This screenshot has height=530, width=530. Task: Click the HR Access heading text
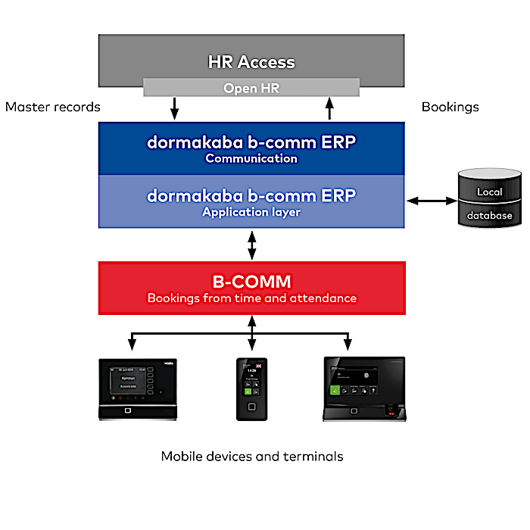pyautogui.click(x=251, y=62)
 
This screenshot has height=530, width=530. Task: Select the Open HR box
pyautogui.click(x=251, y=88)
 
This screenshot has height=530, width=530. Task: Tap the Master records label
pyautogui.click(x=52, y=107)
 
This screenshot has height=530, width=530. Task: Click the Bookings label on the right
pyautogui.click(x=450, y=107)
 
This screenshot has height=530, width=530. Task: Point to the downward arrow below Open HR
pyautogui.click(x=174, y=109)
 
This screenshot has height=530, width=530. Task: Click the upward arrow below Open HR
pyautogui.click(x=329, y=109)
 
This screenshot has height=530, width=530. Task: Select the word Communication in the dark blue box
pyautogui.click(x=251, y=159)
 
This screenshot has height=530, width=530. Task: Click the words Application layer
pyautogui.click(x=251, y=212)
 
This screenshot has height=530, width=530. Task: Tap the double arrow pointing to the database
pyautogui.click(x=431, y=201)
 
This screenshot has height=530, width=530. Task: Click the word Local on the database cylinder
pyautogui.click(x=489, y=192)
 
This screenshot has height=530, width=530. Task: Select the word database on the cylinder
pyautogui.click(x=489, y=216)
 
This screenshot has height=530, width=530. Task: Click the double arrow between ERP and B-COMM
pyautogui.click(x=251, y=245)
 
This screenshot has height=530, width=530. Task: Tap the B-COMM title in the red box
pyautogui.click(x=251, y=282)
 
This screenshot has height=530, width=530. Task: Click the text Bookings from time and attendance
pyautogui.click(x=251, y=298)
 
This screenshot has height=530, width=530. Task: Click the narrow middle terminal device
pyautogui.click(x=251, y=388)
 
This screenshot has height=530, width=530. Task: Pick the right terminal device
pyautogui.click(x=363, y=388)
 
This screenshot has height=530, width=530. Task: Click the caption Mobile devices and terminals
pyautogui.click(x=251, y=457)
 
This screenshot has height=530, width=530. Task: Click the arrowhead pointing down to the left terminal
pyautogui.click(x=132, y=344)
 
